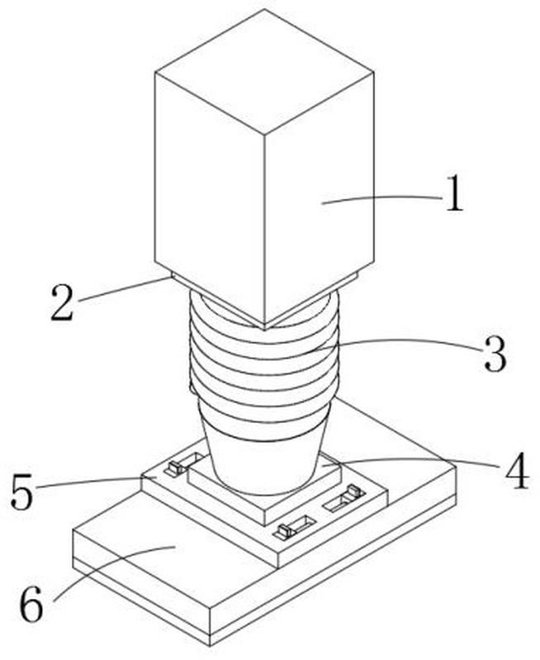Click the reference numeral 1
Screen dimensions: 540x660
454,193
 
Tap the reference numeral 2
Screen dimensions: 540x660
62,302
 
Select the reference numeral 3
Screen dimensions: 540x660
495,354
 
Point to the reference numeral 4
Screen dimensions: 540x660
517,471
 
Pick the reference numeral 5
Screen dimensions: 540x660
21,491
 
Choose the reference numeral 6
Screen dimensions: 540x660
31,604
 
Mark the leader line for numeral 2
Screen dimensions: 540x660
125,289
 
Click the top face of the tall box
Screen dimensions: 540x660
265,71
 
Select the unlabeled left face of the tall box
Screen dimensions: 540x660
210,197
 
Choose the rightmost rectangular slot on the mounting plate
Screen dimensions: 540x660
344,499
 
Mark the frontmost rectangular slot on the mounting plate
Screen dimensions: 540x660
294,527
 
